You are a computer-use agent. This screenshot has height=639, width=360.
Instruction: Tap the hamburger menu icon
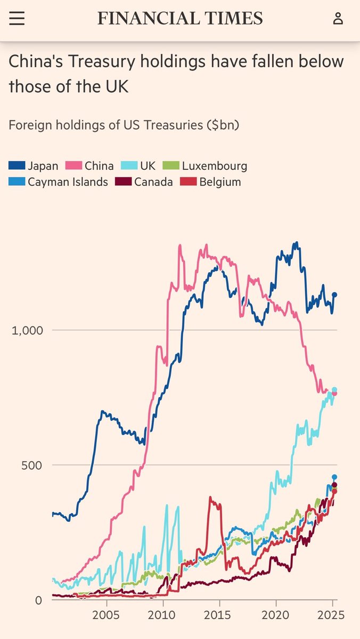click(17, 19)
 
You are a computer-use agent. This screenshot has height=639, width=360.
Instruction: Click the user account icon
click(338, 19)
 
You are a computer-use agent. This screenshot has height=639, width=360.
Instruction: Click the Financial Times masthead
click(180, 19)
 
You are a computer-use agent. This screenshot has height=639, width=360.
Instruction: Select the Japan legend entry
click(33, 166)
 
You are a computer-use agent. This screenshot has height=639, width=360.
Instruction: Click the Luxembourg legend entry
click(208, 166)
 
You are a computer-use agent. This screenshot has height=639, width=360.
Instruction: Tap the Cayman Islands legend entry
click(59, 182)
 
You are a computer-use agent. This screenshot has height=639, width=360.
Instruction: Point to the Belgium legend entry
click(213, 182)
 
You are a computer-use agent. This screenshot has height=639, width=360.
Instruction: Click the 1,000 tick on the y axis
click(27, 330)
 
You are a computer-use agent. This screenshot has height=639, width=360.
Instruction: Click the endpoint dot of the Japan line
click(334, 294)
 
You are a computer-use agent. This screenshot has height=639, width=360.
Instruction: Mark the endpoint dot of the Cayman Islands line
click(334, 477)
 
